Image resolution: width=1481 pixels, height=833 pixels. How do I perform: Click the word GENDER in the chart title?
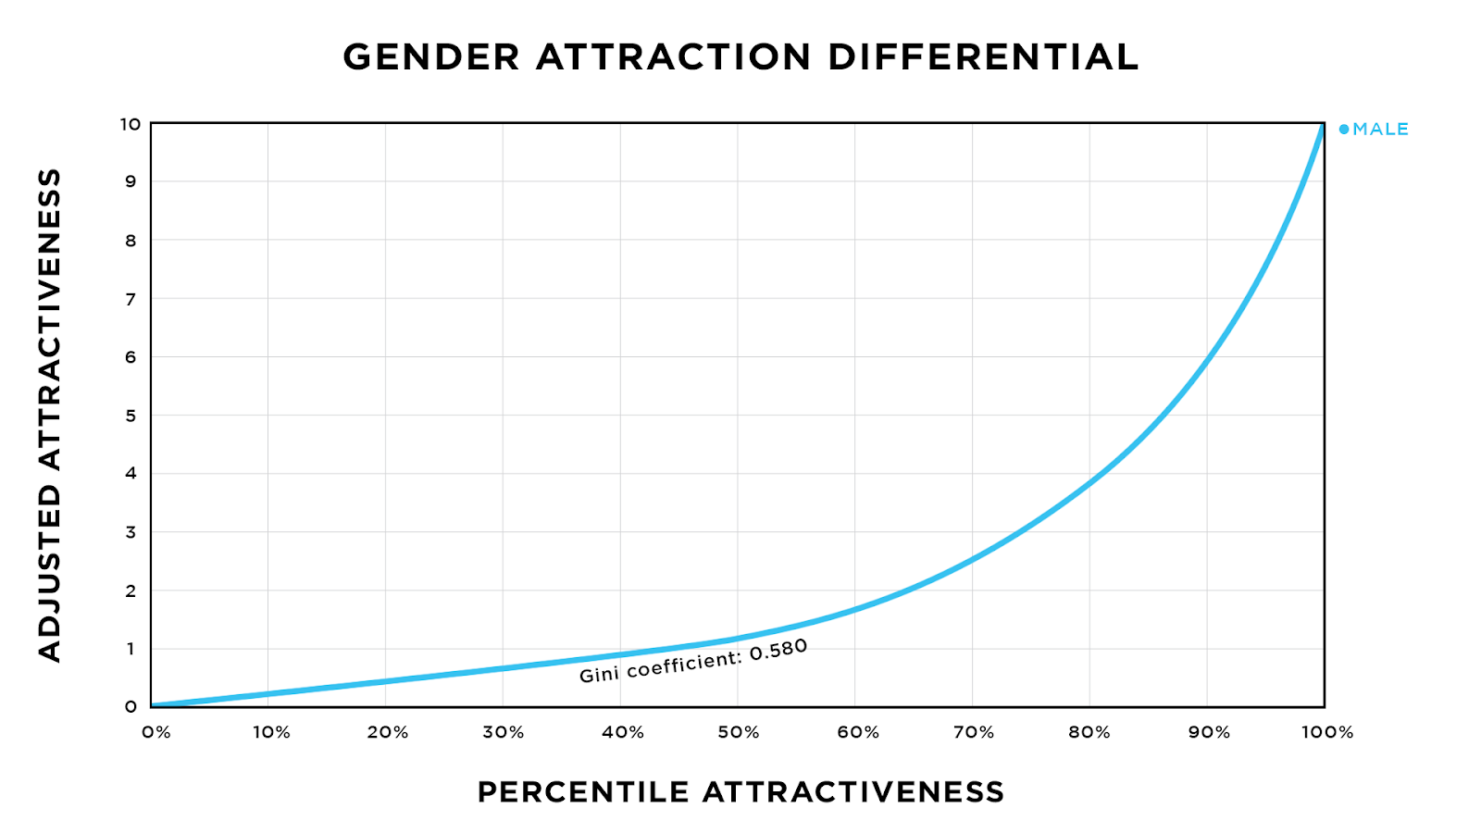(431, 57)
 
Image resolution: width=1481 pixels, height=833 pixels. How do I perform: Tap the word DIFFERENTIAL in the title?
(982, 57)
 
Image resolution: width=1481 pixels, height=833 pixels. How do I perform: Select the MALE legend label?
(1380, 130)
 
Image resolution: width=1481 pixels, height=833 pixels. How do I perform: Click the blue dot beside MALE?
(1344, 130)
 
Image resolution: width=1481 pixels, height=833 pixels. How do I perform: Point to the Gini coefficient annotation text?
(692, 661)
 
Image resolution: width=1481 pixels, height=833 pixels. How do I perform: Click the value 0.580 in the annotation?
(778, 650)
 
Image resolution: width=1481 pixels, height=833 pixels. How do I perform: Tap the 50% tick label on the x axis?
(739, 733)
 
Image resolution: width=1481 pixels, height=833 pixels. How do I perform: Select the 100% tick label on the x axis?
(1327, 733)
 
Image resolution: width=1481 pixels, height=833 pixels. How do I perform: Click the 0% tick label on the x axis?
(156, 733)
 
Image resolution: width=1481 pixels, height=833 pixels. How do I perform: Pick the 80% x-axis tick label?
(1089, 733)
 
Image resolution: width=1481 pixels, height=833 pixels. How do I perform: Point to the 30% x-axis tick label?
(504, 733)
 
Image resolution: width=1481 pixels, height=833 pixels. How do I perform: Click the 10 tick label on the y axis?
(130, 124)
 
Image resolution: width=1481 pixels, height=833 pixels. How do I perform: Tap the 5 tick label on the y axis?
(131, 416)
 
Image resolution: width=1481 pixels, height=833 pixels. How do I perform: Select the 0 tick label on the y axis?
(131, 707)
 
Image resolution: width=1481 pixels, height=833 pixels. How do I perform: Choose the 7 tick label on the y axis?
(131, 299)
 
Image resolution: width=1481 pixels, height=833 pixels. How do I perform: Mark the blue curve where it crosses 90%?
(1207, 357)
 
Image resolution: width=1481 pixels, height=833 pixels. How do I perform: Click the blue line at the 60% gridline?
(854, 608)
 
